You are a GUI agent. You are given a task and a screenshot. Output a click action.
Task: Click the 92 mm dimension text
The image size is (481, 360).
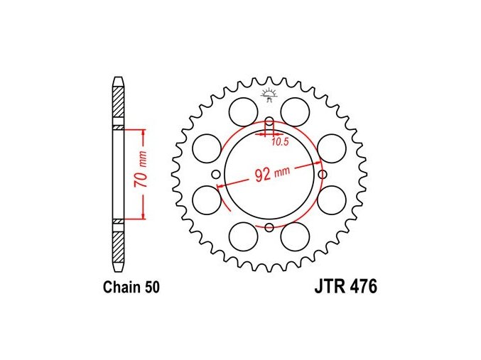pyautogui.click(x=272, y=173)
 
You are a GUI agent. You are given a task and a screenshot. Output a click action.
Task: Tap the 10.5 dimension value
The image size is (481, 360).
pyautogui.click(x=280, y=142)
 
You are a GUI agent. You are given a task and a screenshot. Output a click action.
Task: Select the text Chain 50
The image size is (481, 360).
pyautogui.click(x=131, y=288)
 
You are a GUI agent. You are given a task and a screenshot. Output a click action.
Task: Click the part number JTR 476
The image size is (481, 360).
pyautogui.click(x=346, y=287)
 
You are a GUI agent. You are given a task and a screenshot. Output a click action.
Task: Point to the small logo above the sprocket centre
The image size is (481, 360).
pyautogui.click(x=269, y=94)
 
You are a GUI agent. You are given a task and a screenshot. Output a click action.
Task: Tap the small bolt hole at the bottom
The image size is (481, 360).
pyautogui.click(x=269, y=227)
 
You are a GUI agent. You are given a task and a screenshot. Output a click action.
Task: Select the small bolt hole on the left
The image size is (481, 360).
pyautogui.click(x=216, y=175)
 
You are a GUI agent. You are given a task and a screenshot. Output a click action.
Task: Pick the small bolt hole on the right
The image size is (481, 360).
pyautogui.click(x=323, y=175)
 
